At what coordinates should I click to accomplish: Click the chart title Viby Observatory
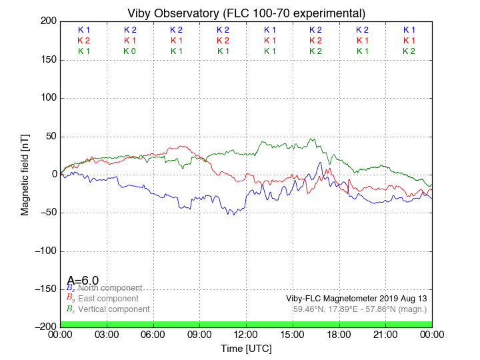[246, 13]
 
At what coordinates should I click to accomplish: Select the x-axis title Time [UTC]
[246, 349]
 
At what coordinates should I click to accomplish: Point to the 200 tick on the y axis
[48, 21]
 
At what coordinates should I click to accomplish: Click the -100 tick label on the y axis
[45, 251]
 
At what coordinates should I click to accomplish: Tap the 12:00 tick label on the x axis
[246, 334]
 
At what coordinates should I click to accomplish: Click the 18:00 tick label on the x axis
[339, 334]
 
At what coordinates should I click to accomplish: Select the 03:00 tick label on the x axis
[107, 334]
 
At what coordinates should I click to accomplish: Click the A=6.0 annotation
[83, 281]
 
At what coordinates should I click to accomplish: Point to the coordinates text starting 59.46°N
[360, 309]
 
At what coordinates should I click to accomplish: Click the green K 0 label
[129, 51]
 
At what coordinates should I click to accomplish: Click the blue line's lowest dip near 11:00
[233, 214]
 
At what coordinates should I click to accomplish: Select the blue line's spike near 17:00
[321, 162]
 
